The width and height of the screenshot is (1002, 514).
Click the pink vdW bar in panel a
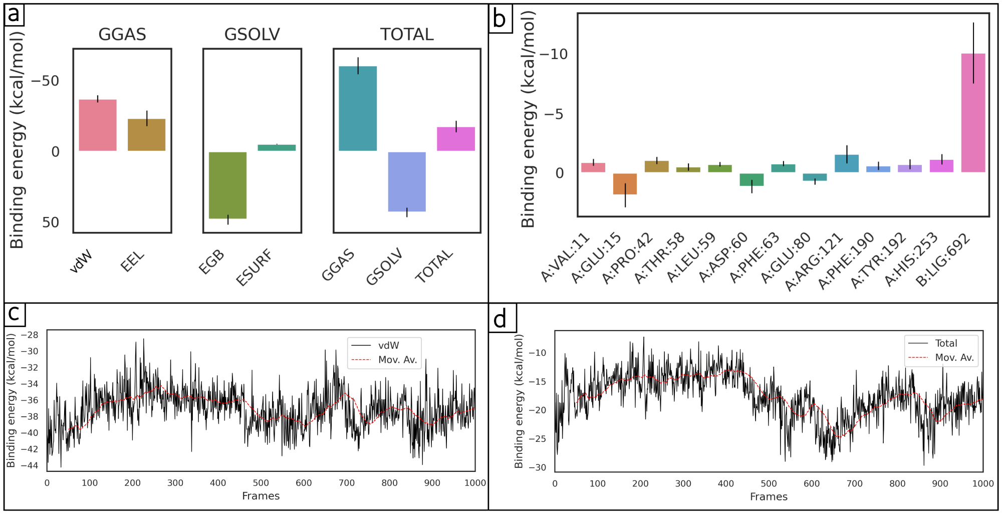98,125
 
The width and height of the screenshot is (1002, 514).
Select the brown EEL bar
146,135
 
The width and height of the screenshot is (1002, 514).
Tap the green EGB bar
227,185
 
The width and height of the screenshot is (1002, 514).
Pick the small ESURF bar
277,148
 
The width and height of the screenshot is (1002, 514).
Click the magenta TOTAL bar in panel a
456,139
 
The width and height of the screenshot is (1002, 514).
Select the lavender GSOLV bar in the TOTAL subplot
407,182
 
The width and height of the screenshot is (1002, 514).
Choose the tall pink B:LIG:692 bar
973,113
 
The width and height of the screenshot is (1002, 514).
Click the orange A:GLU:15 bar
625,184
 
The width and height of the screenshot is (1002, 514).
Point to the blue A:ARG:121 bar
847,164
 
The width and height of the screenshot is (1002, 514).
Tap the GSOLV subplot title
252,35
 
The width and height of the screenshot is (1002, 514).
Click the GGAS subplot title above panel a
122,35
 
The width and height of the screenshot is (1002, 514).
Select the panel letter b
499,20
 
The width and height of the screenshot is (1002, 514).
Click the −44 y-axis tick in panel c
29,465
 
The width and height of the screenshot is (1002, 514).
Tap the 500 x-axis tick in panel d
769,484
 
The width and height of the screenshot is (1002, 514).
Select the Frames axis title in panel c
261,496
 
